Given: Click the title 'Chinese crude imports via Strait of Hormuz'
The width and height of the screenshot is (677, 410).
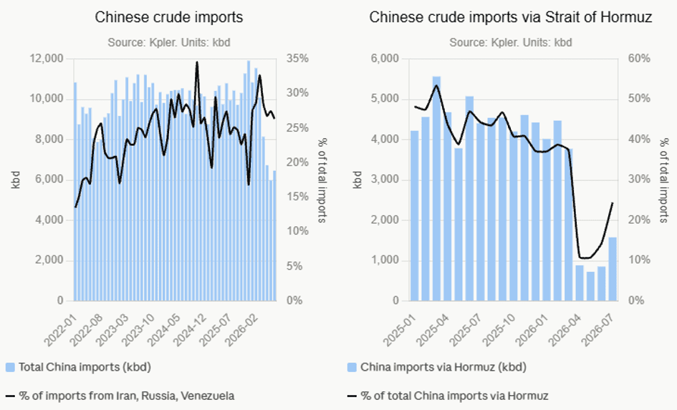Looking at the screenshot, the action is [510, 17].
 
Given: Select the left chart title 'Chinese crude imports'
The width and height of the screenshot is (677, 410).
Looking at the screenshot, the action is [169, 17].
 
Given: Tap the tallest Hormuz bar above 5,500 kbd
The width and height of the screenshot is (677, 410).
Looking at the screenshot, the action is [436, 188].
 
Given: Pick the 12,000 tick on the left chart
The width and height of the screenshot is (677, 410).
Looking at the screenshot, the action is [46, 58].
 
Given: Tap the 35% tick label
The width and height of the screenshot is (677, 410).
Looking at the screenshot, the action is [298, 58].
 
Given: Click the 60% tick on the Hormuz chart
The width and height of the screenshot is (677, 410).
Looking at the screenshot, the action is [639, 58].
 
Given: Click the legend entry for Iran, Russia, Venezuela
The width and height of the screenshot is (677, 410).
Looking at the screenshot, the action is [120, 396].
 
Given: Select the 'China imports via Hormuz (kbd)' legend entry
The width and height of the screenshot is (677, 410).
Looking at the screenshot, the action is [437, 367].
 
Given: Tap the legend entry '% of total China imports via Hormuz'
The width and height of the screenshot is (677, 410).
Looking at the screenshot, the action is [448, 396].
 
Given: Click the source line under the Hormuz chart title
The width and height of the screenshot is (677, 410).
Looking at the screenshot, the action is [510, 43].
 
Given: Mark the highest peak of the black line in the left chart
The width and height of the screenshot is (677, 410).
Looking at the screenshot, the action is [197, 62].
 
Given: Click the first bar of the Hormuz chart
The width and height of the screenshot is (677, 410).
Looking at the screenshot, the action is [415, 215].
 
